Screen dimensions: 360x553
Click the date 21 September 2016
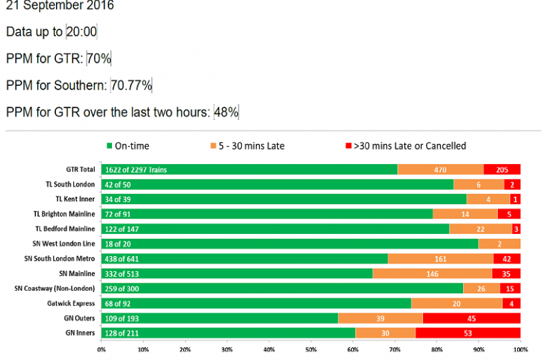click(60, 6)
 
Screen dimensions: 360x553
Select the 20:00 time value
click(82, 32)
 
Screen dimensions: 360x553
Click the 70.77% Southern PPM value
click(132, 85)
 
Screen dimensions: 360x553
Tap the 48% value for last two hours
click(226, 112)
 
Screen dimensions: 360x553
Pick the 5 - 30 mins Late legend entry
click(248, 146)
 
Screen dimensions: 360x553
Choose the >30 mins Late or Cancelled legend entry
click(404, 146)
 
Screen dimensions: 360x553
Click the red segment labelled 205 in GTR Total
click(502, 170)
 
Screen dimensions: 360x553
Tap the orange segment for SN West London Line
click(499, 243)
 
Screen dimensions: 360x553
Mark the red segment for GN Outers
click(471, 319)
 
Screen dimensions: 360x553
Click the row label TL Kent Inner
click(75, 199)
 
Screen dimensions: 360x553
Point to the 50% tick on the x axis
click(310, 349)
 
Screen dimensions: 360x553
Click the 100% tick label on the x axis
click(520, 349)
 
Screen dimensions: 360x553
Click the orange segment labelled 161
click(440, 259)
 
